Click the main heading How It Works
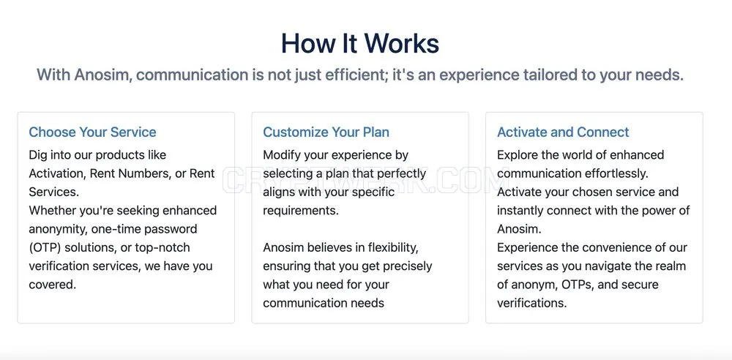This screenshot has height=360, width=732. pos(360,43)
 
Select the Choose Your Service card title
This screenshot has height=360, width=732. pos(92,132)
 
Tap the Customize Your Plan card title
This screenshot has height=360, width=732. pos(326,132)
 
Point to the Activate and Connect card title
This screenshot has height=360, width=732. pos(563,132)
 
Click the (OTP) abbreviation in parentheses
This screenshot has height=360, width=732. pos(45,247)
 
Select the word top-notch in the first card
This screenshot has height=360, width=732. pos(163,247)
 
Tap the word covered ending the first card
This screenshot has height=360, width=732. pos(52,285)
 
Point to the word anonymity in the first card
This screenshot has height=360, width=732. pos(57,229)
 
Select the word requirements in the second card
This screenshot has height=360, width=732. pos(301,211)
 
